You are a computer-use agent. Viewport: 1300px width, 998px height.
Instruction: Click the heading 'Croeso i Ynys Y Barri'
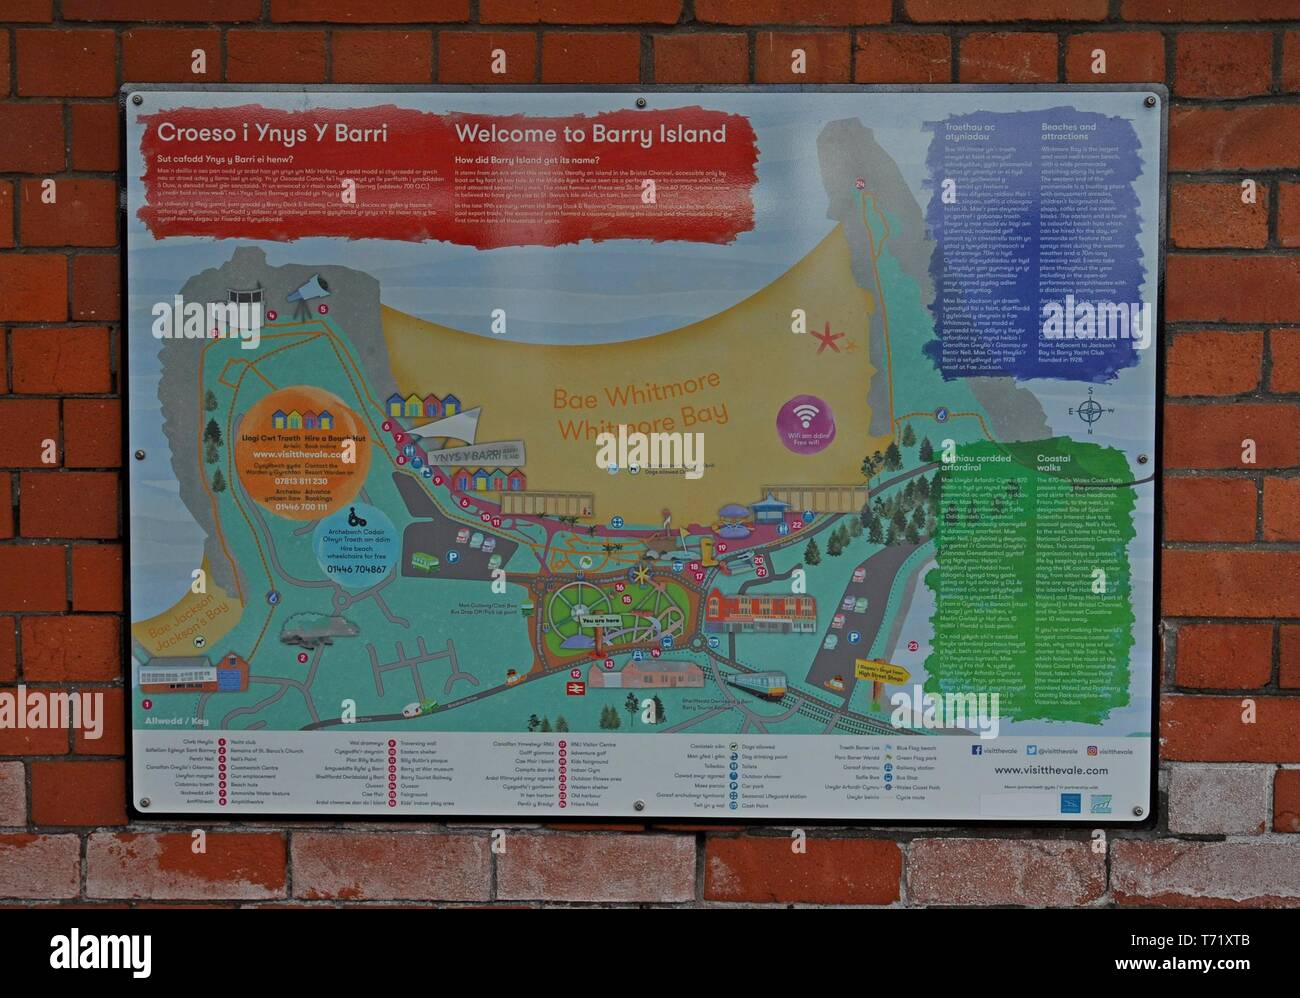272,135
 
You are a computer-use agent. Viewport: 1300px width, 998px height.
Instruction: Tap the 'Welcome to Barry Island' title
590,134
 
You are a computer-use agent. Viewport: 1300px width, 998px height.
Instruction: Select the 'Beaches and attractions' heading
1068,133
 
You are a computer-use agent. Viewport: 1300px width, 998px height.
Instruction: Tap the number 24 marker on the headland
860,183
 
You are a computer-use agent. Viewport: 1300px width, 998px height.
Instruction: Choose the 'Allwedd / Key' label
166,720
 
